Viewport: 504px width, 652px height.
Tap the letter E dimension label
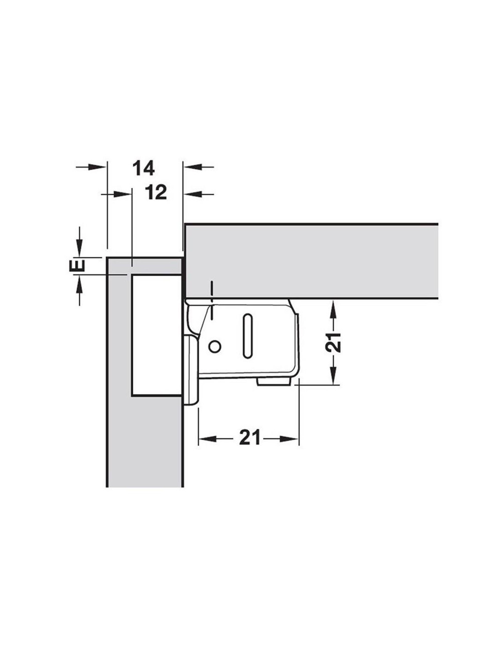pos(77,266)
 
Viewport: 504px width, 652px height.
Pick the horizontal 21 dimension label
pos(249,439)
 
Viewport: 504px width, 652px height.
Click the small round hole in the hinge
pos(215,347)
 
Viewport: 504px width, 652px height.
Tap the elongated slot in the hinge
pos(248,336)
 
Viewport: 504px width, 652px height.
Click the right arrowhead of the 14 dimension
pos(192,166)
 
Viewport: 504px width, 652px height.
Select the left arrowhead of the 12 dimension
pos(122,194)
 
